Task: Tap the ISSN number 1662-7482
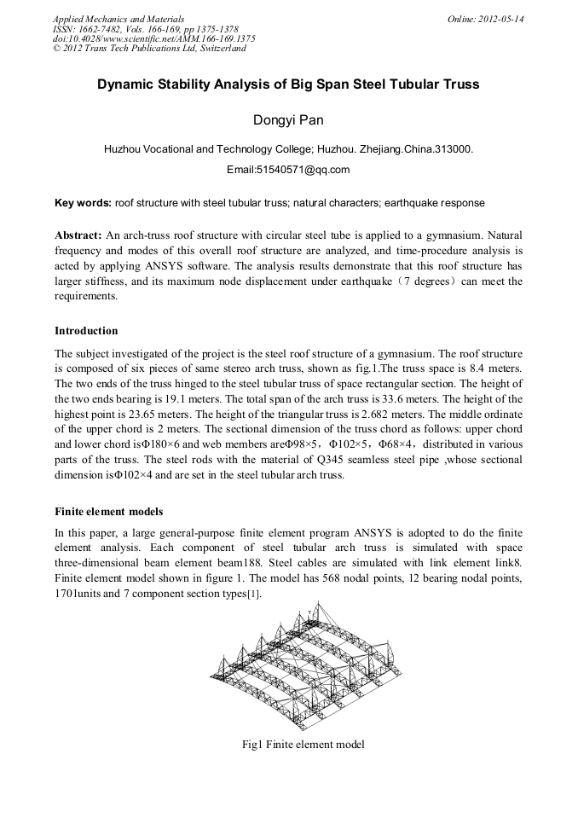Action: [107, 29]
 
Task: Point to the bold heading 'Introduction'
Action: [86, 330]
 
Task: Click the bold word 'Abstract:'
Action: [78, 234]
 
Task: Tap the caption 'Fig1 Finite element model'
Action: [303, 745]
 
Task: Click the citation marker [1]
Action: [253, 595]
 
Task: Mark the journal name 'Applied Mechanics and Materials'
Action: [118, 19]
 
